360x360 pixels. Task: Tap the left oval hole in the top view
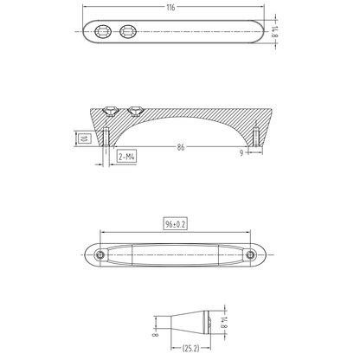click(104, 32)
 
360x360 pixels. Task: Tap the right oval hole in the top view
click(130, 32)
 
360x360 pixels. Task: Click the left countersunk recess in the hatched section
click(111, 111)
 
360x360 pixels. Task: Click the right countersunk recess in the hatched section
click(134, 111)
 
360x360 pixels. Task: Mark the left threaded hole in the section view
click(104, 138)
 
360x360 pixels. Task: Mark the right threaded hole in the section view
click(257, 138)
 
